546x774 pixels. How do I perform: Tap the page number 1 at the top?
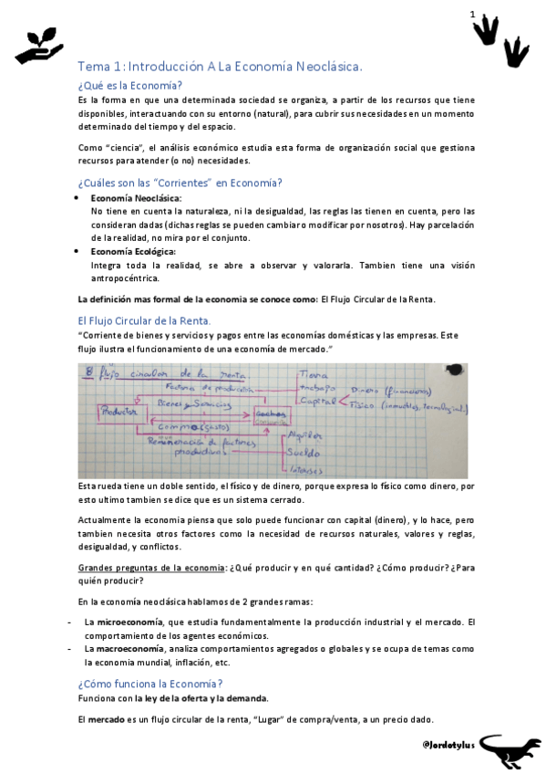point(472,15)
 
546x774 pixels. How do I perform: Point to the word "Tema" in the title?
point(92,66)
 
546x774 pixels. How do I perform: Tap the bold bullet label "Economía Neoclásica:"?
point(136,198)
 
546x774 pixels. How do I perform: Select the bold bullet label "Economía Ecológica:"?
point(133,251)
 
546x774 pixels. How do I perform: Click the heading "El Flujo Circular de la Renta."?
point(144,320)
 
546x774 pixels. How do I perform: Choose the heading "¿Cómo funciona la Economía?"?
point(150,684)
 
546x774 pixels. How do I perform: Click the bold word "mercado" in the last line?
point(106,719)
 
